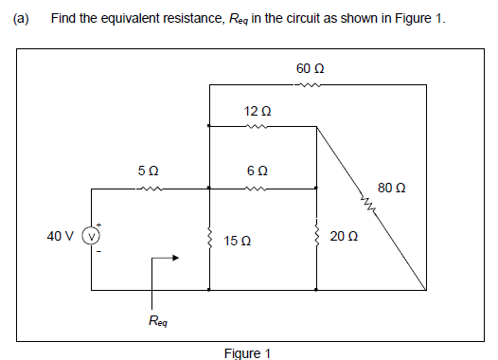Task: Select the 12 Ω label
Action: point(258,112)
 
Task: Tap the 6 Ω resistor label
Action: point(258,172)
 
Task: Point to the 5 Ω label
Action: point(148,172)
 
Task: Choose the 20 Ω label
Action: point(345,237)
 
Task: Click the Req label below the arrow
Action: point(159,322)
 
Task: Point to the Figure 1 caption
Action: point(248,353)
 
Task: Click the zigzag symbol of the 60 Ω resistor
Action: point(308,86)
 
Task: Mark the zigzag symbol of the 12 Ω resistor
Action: point(258,127)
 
